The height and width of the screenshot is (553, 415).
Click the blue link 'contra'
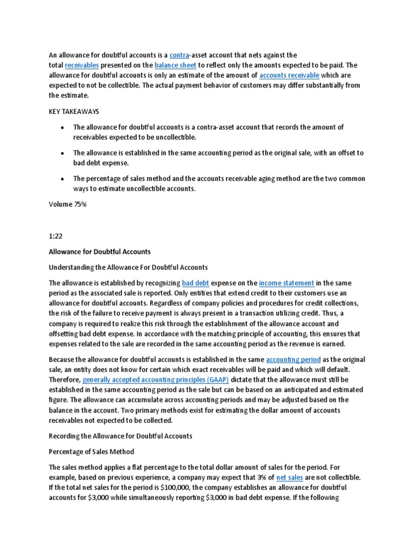coord(179,55)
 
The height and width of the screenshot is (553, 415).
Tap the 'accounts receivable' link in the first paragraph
coord(289,75)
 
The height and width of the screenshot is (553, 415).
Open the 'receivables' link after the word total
coord(81,65)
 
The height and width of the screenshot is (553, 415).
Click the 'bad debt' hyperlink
coord(195,282)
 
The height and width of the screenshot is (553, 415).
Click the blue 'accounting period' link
coord(293,359)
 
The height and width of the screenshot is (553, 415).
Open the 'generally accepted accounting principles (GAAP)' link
coord(156,380)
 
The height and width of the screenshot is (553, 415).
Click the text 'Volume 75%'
coord(68,205)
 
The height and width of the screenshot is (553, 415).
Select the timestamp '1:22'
coord(56,236)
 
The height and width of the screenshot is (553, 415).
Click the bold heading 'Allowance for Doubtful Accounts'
coord(100,252)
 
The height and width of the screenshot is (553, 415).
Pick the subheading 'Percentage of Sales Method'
coord(92,451)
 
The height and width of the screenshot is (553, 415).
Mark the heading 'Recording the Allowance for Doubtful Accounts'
coord(121,436)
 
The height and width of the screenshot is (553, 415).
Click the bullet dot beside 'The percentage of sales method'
coord(63,179)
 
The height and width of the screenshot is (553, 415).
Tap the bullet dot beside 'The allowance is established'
coord(63,153)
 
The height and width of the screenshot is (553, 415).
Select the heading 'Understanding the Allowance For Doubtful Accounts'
coord(128,267)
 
